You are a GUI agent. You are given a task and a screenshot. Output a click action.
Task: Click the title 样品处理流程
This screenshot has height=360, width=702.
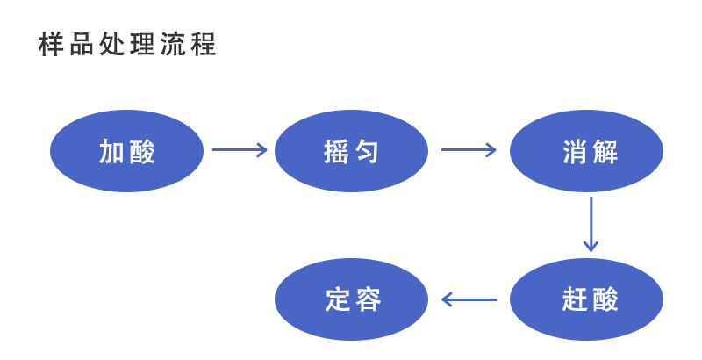(127, 45)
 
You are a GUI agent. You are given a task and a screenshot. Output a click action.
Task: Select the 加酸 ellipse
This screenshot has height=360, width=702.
(126, 151)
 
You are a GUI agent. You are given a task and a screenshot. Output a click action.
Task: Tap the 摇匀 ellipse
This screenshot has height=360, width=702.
(351, 151)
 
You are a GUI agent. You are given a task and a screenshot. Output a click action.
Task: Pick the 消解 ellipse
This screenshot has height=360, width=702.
(586, 151)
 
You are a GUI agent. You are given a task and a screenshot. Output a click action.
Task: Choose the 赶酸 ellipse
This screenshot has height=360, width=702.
(586, 299)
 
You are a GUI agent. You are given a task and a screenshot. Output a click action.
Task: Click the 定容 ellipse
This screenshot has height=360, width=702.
(351, 299)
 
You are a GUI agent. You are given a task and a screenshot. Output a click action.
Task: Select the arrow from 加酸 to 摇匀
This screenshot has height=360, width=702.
(239, 150)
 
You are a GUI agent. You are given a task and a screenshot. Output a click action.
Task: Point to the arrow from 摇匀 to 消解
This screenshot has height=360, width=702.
(469, 150)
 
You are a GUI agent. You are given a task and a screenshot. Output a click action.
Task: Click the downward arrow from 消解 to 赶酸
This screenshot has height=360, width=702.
(591, 224)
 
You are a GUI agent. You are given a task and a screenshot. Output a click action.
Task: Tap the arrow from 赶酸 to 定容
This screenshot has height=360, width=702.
(469, 299)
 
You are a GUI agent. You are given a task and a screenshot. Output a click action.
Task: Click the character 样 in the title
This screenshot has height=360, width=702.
(51, 45)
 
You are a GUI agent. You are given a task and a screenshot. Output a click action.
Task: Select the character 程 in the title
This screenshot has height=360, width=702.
(204, 45)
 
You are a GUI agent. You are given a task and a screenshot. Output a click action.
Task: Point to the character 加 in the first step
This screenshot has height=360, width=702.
(111, 152)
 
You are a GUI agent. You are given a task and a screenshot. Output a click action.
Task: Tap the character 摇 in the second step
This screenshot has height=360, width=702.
(336, 152)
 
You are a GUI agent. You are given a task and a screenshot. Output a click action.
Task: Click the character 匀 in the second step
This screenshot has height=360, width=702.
(368, 152)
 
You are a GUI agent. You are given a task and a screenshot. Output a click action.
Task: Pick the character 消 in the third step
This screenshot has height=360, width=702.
(573, 152)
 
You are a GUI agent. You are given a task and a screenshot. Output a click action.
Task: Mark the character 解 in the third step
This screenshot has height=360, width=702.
(605, 152)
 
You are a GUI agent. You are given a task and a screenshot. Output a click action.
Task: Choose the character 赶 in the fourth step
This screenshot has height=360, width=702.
(573, 300)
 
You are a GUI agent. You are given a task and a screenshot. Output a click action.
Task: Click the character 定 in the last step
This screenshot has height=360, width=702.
(338, 300)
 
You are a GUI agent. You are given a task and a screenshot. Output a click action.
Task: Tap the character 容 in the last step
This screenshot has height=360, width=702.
(369, 300)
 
